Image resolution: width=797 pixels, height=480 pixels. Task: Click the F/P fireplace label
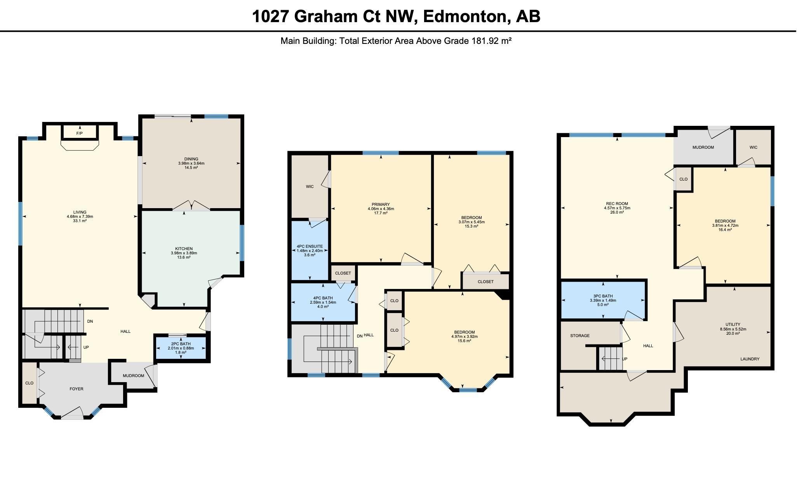[x=79, y=133]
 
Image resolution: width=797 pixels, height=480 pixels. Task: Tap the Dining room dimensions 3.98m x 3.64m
[x=191, y=163]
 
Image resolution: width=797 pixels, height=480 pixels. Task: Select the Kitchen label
[x=184, y=249]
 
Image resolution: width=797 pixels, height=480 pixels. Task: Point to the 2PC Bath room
[x=181, y=348]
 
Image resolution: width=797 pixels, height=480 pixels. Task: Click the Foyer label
[x=76, y=389]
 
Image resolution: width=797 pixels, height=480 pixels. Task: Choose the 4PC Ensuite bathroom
[x=310, y=250]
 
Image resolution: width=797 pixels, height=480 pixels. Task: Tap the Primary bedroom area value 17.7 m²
[x=381, y=213]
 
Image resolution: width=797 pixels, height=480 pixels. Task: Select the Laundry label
[x=750, y=359]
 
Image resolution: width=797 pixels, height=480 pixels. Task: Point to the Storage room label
[x=580, y=336]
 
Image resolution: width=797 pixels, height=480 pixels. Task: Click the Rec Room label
[x=617, y=203]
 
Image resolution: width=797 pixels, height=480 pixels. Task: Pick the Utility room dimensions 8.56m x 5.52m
[x=733, y=329]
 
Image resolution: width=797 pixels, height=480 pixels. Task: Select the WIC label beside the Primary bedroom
[x=310, y=186]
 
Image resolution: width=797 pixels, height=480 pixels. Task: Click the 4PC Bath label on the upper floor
[x=323, y=298]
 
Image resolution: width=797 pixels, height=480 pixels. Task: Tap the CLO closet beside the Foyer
[x=29, y=383]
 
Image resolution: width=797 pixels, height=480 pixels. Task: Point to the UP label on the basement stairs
[x=625, y=359]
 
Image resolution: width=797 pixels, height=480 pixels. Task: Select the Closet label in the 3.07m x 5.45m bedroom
[x=486, y=282]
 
